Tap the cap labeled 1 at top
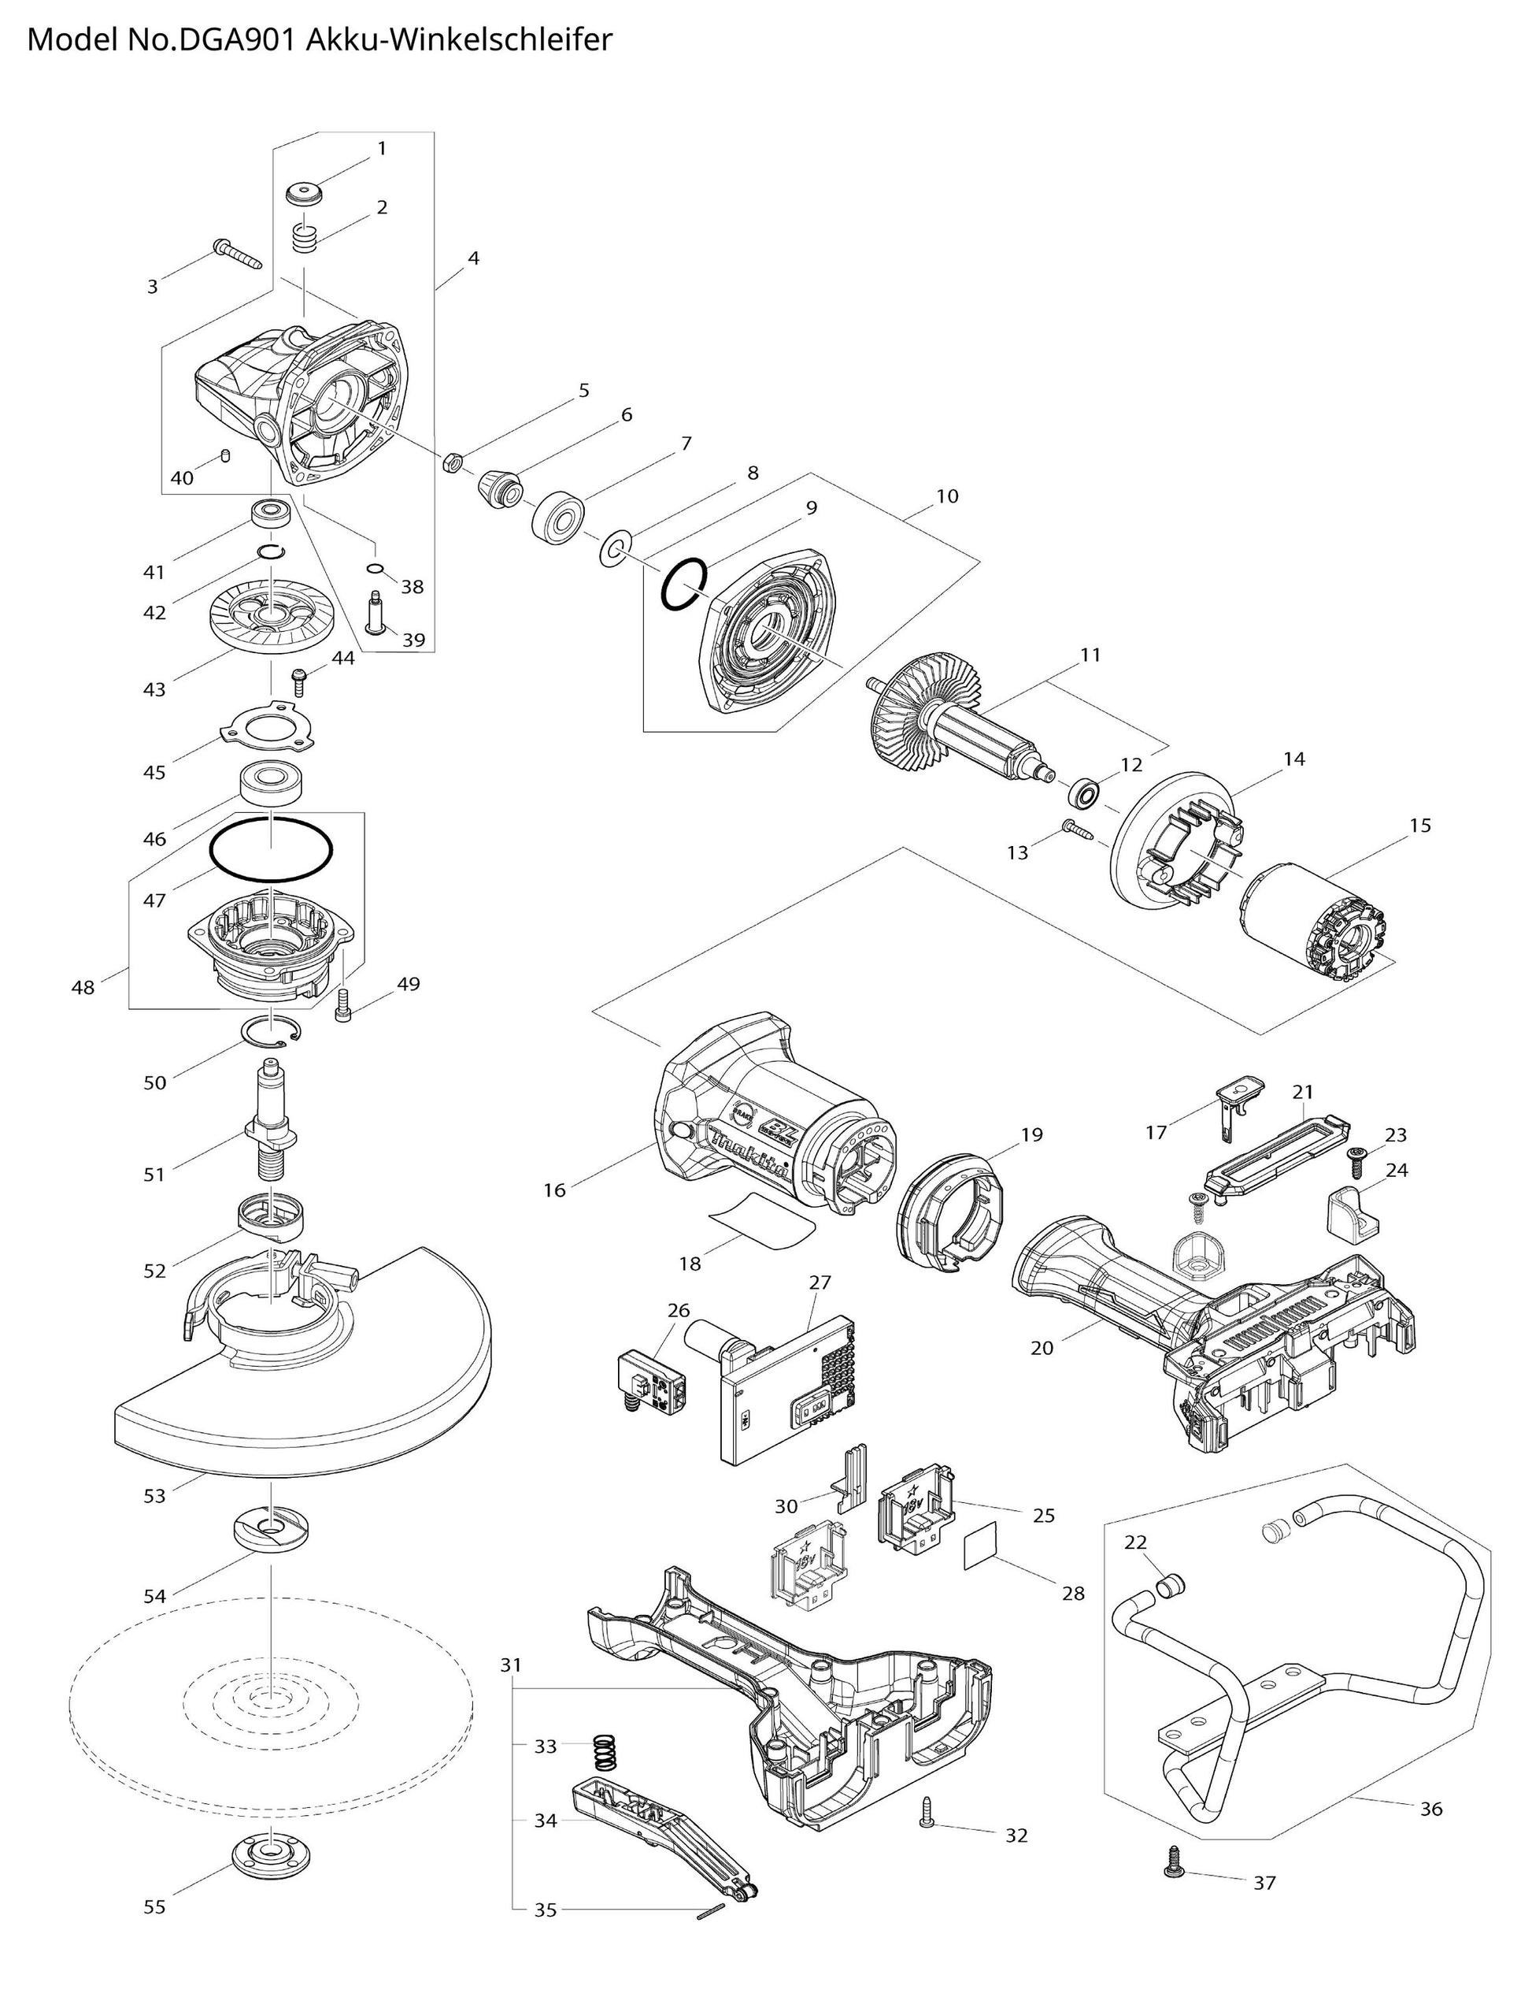click(x=305, y=195)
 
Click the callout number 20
click(x=1042, y=1346)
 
